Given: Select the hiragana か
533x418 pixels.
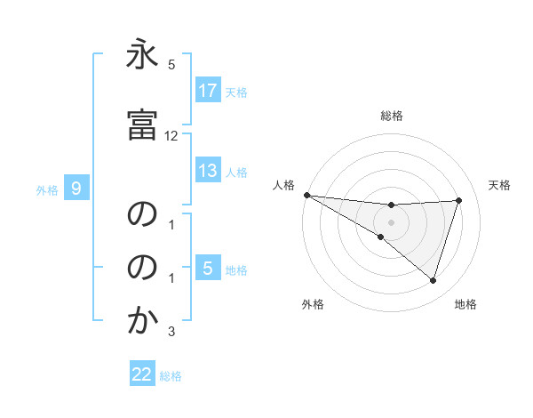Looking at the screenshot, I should point(142,322).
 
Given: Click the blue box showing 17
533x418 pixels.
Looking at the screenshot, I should point(208,91).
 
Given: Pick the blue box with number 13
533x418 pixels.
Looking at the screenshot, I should point(208,172).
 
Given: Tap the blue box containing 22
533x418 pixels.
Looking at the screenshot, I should point(142,375).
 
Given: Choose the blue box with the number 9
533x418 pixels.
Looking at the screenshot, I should point(77,188).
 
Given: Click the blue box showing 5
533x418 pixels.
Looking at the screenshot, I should point(208,269).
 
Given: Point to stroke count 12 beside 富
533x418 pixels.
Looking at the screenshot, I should point(171,136).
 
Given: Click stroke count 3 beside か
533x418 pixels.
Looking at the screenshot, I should point(171,333).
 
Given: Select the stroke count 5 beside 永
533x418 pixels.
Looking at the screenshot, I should point(171,65).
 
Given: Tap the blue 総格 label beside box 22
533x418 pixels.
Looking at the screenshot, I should point(171,376).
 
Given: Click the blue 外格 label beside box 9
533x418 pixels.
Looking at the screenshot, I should point(47,189).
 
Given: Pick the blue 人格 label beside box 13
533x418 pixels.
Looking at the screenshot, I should point(236,173).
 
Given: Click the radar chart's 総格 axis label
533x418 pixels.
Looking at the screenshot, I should point(392,116).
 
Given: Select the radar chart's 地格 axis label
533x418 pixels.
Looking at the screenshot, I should point(465,304).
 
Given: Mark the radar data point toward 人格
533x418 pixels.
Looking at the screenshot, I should point(306,195).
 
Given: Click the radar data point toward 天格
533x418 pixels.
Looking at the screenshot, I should point(459,200).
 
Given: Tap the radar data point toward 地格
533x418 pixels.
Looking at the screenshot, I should point(434,281).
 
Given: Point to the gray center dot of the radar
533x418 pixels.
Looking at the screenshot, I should point(391,222).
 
